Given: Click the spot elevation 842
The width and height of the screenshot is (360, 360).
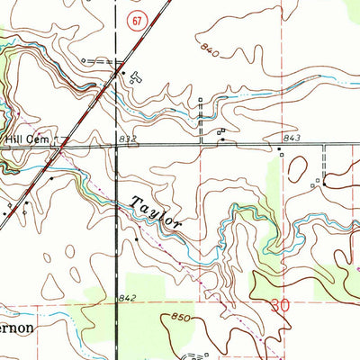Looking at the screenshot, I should pos(126,297).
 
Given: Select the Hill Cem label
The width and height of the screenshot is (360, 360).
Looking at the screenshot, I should pos(25,139).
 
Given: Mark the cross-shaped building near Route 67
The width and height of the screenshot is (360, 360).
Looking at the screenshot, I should pos(136,76).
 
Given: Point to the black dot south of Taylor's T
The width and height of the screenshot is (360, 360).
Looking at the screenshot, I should pos(137,240).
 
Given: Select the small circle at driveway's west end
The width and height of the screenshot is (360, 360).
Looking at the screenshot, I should pos(82,58).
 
